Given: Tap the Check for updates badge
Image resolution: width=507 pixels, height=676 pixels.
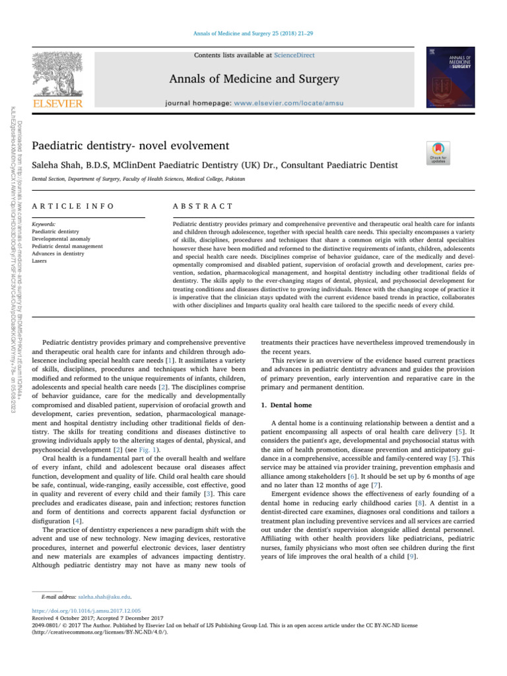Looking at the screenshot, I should [x=436, y=153].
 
